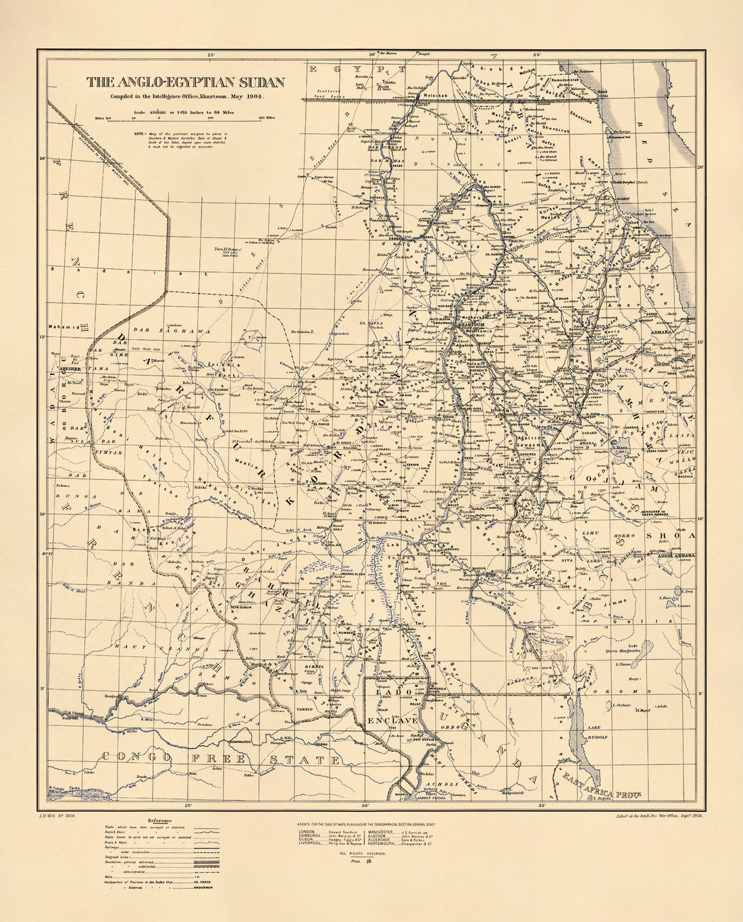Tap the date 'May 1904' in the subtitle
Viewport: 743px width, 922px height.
[247, 97]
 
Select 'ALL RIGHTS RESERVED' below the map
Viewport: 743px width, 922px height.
[363, 854]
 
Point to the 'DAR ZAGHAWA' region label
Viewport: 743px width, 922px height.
[161, 331]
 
